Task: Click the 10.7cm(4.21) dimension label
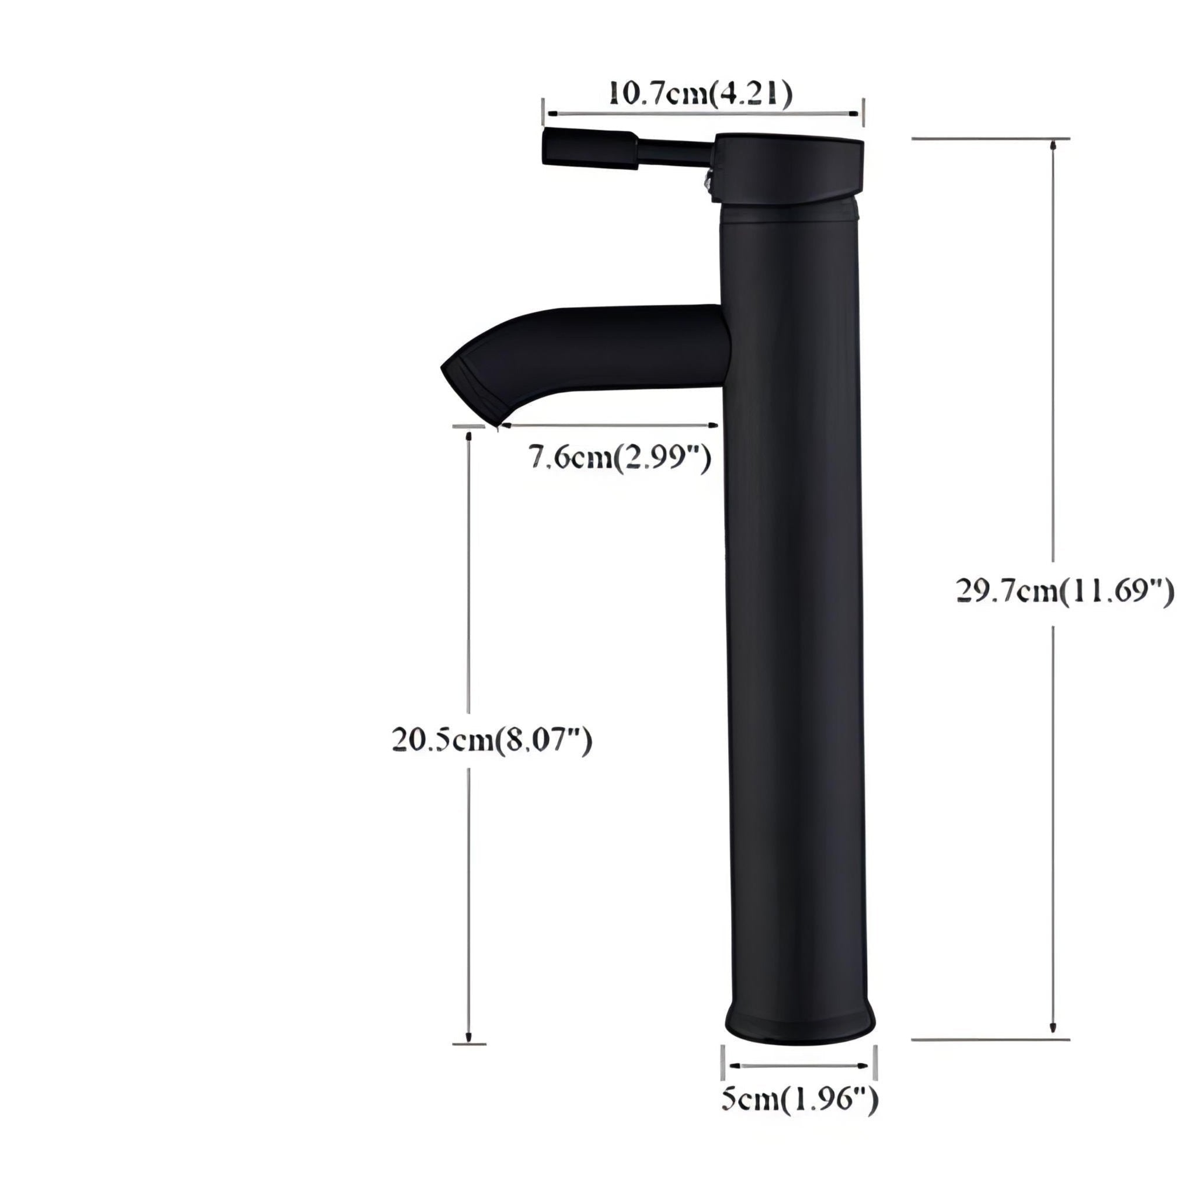pyautogui.click(x=700, y=93)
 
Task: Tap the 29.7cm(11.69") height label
pyautogui.click(x=1065, y=592)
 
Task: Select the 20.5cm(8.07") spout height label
pyautogui.click(x=492, y=740)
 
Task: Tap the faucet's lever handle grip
pyautogui.click(x=589, y=148)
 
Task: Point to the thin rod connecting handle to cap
pyautogui.click(x=676, y=151)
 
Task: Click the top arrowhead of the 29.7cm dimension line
pyautogui.click(x=1053, y=146)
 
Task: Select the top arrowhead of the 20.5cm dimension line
pyautogui.click(x=469, y=437)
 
